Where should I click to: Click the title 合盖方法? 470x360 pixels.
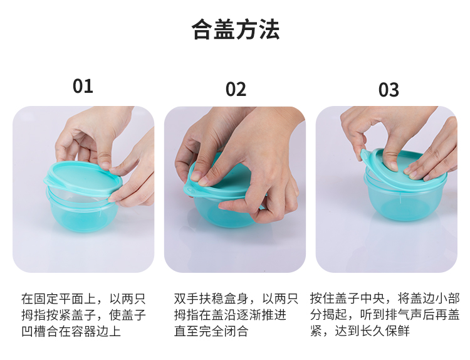click(x=236, y=29)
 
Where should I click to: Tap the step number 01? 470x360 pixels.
click(x=83, y=86)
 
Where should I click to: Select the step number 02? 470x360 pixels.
click(x=236, y=90)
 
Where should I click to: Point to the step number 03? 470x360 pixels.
click(x=389, y=90)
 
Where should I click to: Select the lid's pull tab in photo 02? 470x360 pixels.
click(x=189, y=190)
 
